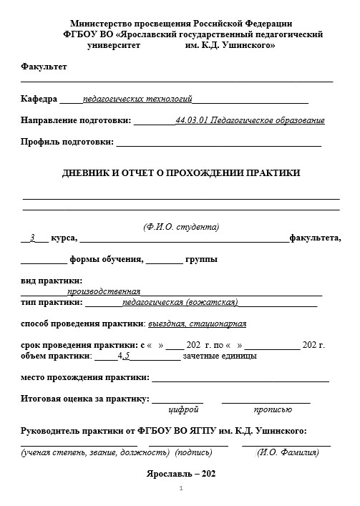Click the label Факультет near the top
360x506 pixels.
44,67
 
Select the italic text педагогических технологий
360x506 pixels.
137,99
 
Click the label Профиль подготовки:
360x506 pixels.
67,142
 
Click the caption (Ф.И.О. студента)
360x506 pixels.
181,227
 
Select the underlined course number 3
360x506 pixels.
32,238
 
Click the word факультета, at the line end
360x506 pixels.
315,238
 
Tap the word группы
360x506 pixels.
202,259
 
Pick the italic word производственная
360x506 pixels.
104,291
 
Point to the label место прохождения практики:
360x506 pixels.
84,376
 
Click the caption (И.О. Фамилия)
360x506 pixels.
288,452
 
